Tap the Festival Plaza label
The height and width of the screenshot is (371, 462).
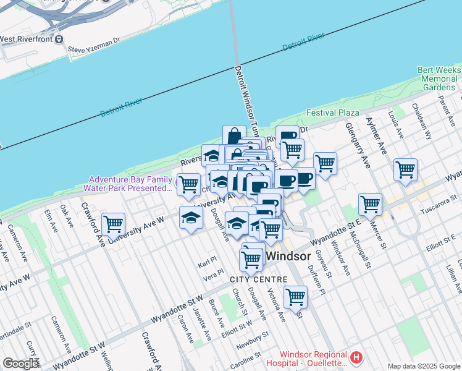[334, 113]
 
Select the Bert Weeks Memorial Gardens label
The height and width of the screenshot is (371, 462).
[437, 79]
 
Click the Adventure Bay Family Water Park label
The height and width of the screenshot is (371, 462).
[130, 183]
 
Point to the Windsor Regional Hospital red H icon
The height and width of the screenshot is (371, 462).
[356, 357]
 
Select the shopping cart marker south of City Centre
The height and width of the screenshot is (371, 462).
[296, 296]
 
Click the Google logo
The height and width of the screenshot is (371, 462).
[21, 364]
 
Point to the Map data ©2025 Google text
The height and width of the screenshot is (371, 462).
[423, 366]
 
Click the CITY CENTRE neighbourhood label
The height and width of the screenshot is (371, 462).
[258, 279]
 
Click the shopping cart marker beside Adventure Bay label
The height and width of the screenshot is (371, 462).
[188, 183]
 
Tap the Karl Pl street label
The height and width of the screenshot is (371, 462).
[208, 263]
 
